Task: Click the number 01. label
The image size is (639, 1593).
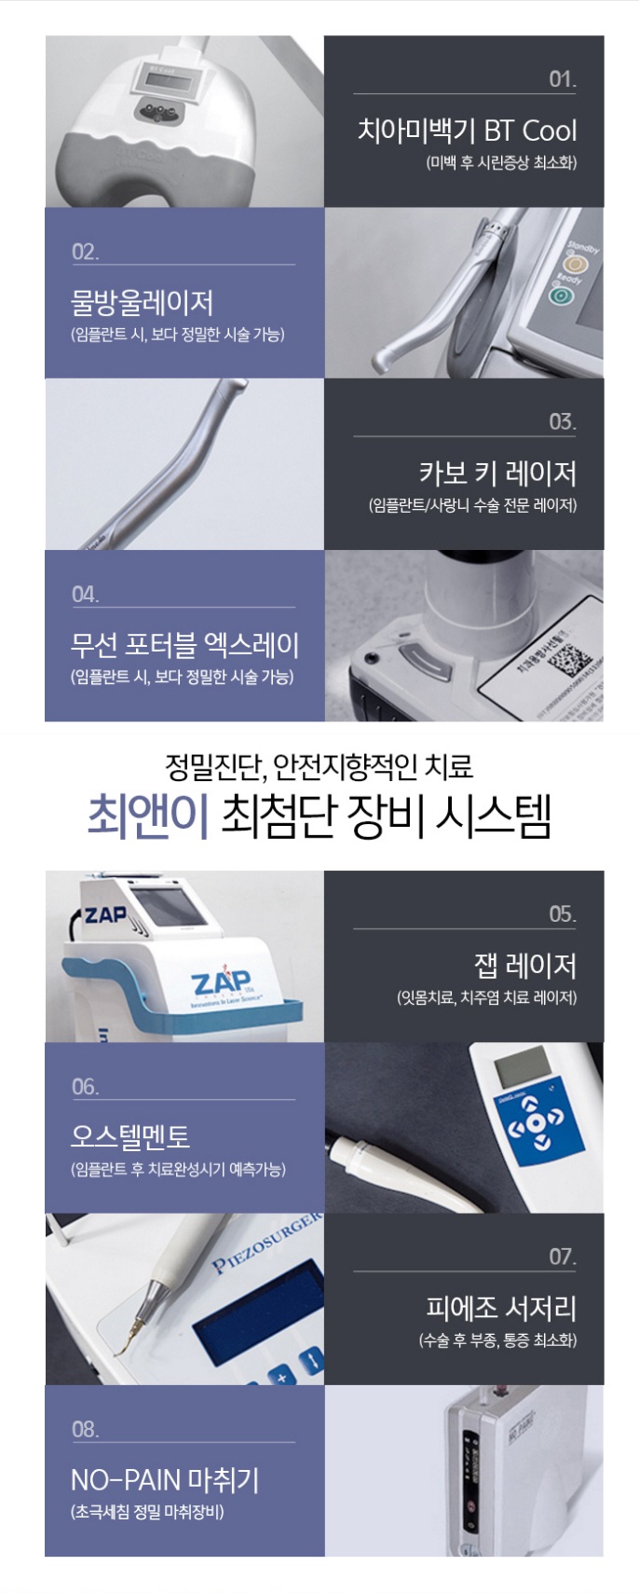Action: (562, 79)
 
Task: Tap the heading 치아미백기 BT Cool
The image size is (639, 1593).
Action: (467, 130)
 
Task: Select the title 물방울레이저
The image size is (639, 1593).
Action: (143, 302)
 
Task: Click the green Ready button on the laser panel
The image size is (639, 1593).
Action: (561, 295)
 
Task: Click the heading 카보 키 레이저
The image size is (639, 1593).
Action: (497, 474)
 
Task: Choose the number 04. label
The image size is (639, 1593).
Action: (85, 595)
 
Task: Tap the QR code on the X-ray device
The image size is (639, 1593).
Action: (569, 662)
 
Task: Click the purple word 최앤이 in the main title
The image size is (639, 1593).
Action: (148, 817)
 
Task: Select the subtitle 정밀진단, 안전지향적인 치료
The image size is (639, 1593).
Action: (319, 767)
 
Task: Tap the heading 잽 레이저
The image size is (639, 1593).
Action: (524, 966)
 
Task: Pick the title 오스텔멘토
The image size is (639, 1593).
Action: (130, 1136)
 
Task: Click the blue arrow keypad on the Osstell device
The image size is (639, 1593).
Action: (535, 1118)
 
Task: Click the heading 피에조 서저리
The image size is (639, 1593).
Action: (501, 1308)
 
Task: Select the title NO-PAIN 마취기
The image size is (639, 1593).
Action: (165, 1479)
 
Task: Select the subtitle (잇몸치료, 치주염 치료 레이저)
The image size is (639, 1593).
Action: (486, 998)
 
